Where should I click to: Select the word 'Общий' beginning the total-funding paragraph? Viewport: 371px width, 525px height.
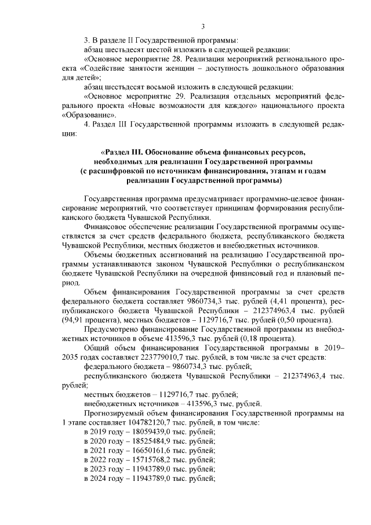(x=96, y=347)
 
